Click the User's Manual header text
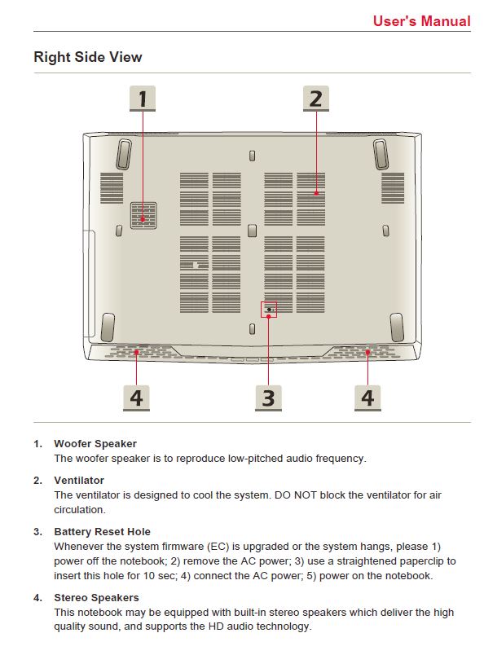pos(422,21)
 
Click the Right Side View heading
pos(88,57)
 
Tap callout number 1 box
pos(143,99)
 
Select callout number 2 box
pos(316,99)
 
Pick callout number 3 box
pos(268,398)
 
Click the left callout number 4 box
pos(136,398)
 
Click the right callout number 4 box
pos(367,398)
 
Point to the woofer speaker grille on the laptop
pos(143,216)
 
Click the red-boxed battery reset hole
pos(269,310)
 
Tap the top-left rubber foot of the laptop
pos(124,155)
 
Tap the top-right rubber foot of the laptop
pos(381,155)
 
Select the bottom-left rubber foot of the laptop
pos(108,327)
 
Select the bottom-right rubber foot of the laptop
pos(397,327)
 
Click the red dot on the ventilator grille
pos(316,193)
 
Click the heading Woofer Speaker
pos(95,444)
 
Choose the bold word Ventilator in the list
pos(79,481)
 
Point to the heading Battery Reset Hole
pos(102,532)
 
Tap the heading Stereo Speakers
pos(96,598)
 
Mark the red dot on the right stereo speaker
pos(367,353)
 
